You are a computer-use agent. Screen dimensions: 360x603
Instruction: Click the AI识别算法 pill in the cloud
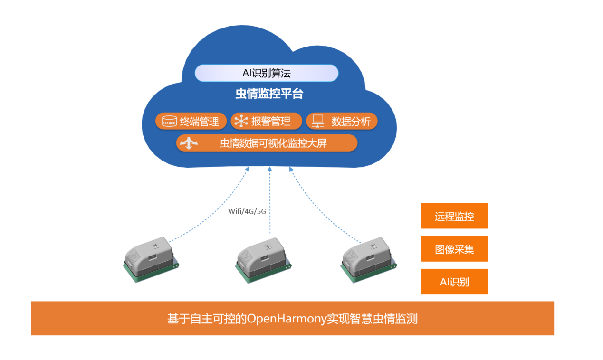266,73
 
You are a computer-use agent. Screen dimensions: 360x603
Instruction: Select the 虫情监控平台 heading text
269,94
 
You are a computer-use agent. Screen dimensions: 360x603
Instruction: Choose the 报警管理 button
266,121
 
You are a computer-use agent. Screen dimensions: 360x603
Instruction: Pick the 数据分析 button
341,121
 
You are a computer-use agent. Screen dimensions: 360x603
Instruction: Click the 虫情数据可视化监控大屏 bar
267,143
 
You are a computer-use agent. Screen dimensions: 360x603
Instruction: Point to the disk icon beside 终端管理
170,122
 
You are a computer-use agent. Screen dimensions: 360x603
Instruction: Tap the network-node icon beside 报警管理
241,121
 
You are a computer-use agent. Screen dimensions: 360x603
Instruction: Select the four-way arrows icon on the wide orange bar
189,143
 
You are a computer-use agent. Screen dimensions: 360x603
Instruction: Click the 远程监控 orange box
454,216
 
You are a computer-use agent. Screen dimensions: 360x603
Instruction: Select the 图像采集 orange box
454,249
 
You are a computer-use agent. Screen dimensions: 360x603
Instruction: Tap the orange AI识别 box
454,282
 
